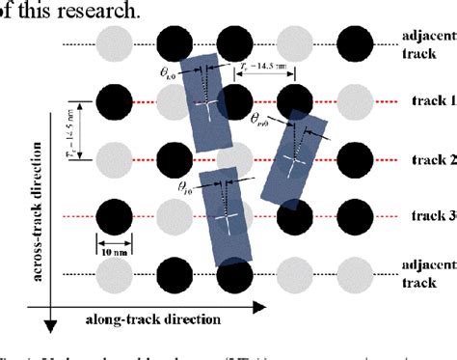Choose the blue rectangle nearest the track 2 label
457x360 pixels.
coord(296,155)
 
